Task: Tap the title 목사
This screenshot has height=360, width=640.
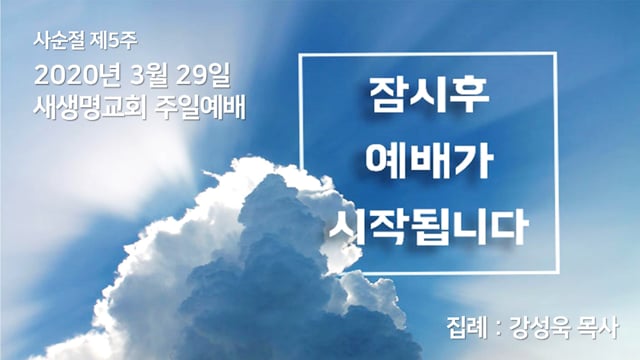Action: [598, 328]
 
